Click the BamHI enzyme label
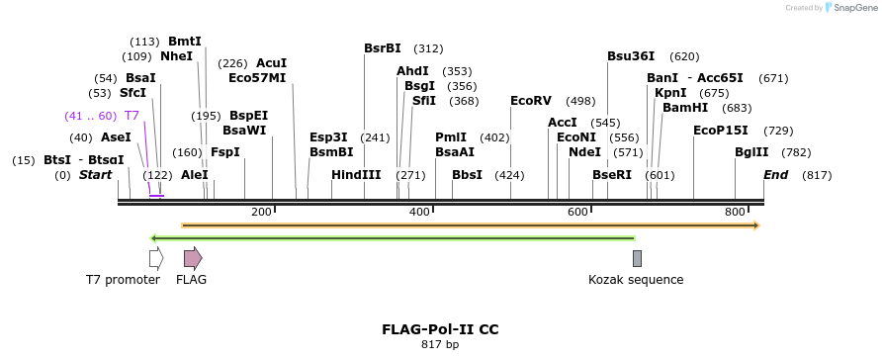click(685, 108)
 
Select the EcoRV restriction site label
click(531, 101)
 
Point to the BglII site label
click(750, 152)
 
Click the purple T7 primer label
click(132, 116)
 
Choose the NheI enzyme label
click(177, 56)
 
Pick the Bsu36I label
click(631, 56)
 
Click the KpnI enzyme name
click(670, 93)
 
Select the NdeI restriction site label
click(584, 152)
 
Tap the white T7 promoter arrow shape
click(156, 258)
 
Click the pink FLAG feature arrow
click(193, 258)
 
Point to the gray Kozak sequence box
click(637, 258)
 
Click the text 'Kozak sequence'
click(636, 280)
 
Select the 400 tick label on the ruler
click(419, 213)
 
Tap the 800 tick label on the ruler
click(735, 213)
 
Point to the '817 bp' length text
click(440, 345)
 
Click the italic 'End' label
click(776, 175)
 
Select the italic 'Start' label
click(96, 175)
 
